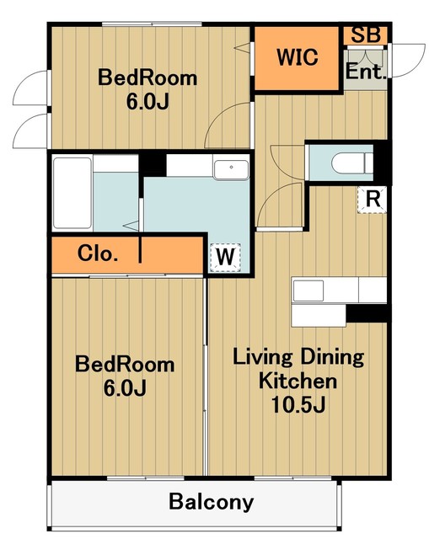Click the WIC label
(298, 57)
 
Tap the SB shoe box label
(366, 35)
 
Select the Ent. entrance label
(365, 72)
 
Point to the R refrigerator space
(373, 200)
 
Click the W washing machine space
(225, 257)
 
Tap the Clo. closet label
(98, 253)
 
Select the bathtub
(72, 193)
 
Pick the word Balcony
(212, 502)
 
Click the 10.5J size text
(298, 404)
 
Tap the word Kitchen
(298, 381)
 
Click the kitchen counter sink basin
(308, 291)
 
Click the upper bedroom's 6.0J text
(147, 102)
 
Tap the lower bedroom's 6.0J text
(125, 388)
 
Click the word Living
(262, 357)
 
